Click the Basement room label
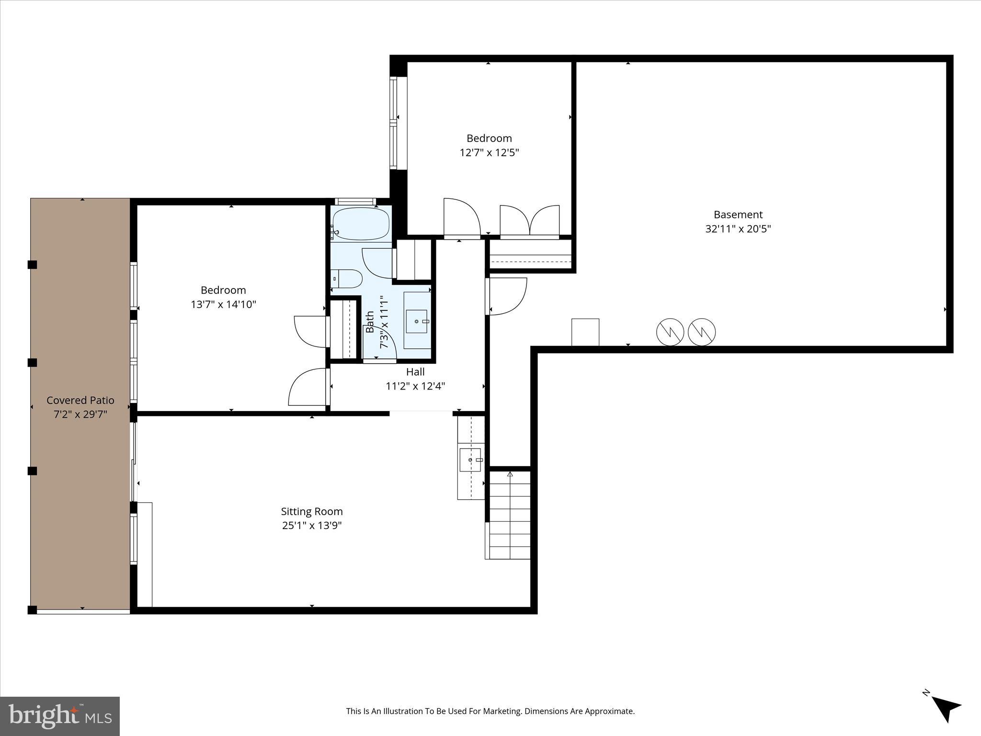click(738, 215)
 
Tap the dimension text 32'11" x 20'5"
click(738, 229)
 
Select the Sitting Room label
click(311, 511)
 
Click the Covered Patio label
click(80, 400)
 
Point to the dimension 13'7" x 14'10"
click(223, 304)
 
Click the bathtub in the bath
click(361, 224)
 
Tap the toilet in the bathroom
click(347, 278)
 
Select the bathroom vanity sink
click(416, 321)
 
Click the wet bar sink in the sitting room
click(470, 460)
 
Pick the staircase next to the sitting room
click(510, 515)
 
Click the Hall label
click(415, 372)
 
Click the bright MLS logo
click(59, 716)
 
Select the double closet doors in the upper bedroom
click(530, 221)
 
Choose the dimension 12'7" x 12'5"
click(489, 153)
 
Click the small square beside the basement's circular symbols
click(585, 332)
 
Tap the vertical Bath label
click(370, 322)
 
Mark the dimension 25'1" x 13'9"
click(311, 526)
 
